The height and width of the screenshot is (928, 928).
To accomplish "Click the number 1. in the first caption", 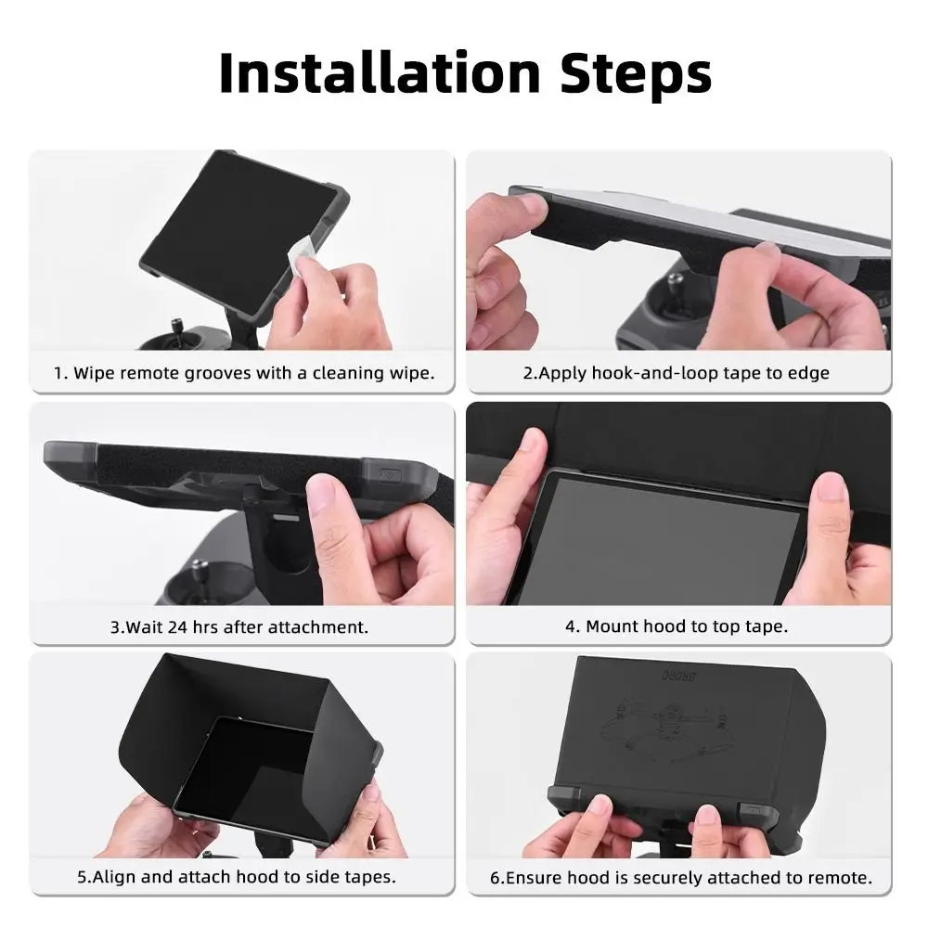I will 60,373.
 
